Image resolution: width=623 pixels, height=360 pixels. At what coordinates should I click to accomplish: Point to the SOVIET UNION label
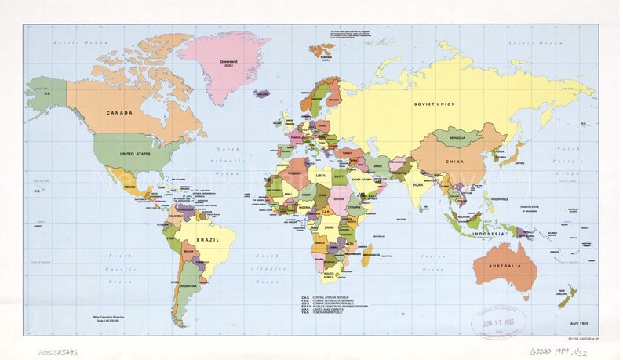tap(435, 104)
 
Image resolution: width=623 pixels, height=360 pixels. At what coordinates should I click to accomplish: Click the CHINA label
tap(454, 162)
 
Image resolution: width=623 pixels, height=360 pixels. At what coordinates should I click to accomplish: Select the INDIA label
tap(420, 184)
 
